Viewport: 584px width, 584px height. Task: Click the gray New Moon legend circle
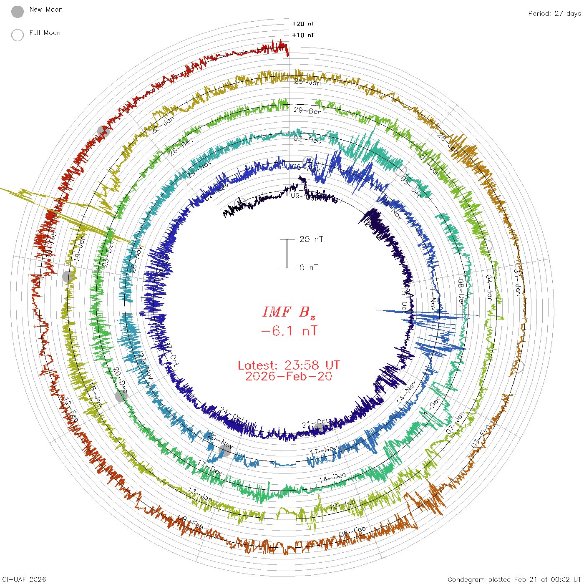point(18,12)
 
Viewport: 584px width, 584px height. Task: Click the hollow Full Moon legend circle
point(18,35)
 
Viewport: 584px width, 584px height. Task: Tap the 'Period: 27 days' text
point(554,13)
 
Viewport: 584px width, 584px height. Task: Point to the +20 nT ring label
point(303,24)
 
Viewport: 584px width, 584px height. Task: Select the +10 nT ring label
point(303,35)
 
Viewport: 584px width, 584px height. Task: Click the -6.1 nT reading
point(289,331)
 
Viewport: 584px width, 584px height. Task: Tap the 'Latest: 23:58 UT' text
point(289,365)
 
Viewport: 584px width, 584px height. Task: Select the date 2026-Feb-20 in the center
point(289,376)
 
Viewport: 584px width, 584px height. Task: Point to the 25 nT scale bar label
point(311,239)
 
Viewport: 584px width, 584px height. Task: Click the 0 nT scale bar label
point(309,267)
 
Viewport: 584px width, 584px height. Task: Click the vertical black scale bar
point(287,253)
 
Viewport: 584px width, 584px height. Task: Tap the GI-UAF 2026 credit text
point(24,579)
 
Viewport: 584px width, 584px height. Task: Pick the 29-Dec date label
point(308,111)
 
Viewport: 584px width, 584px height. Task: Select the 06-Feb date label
point(352,532)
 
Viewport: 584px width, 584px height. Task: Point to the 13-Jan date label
point(200,495)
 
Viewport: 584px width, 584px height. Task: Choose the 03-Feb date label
point(481,436)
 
